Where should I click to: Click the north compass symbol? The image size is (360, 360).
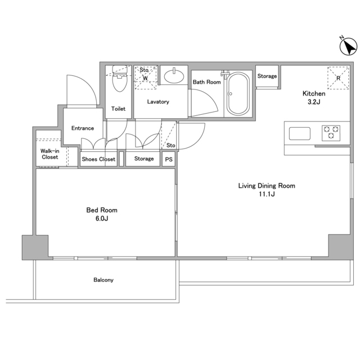click(348, 46)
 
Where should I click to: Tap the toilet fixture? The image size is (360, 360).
click(120, 79)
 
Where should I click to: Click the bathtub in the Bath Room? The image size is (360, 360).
click(238, 94)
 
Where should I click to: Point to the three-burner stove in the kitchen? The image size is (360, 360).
click(331, 133)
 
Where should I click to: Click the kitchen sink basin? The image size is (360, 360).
click(300, 133)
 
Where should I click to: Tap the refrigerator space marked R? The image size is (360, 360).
click(338, 78)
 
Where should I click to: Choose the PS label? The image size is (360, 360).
click(169, 159)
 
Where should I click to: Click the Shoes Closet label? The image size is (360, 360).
click(98, 159)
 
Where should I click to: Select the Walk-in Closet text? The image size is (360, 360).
click(50, 154)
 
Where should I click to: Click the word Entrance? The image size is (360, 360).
click(83, 128)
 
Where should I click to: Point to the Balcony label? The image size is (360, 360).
click(103, 280)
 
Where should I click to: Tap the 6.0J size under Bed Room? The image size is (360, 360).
click(102, 218)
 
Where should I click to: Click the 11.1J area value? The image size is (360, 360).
click(267, 194)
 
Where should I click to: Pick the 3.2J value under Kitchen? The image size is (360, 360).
click(314, 102)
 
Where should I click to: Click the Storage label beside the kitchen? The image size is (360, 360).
click(267, 76)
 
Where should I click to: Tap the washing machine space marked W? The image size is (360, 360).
click(145, 78)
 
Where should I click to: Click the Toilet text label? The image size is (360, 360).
click(118, 109)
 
